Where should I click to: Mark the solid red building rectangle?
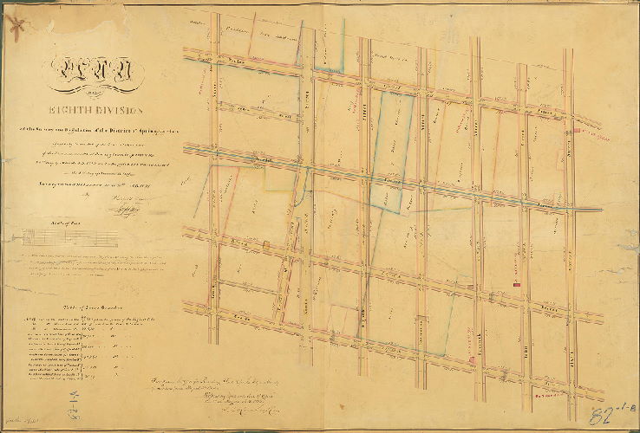tap(516, 283)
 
